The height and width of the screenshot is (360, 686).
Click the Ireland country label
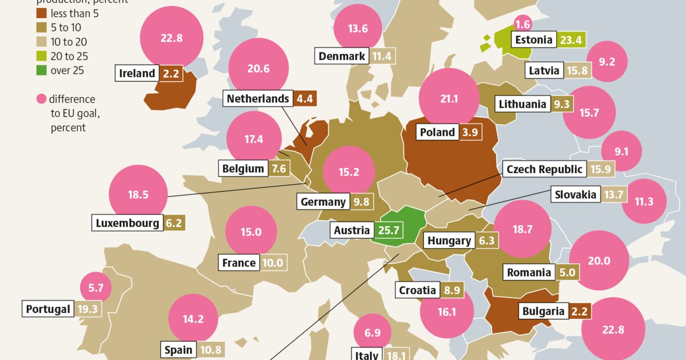[x=137, y=73]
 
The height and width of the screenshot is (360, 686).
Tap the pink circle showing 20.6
[x=258, y=68]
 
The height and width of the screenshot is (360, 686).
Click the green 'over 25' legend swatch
[x=42, y=71]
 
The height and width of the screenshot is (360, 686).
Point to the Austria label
[x=352, y=230]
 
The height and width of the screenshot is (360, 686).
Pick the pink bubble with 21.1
[x=449, y=99]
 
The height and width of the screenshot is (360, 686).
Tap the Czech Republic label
[x=545, y=169]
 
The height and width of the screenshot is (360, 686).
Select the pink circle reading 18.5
[x=138, y=194]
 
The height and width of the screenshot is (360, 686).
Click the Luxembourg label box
[x=127, y=223]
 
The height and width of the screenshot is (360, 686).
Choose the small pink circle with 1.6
[x=523, y=25]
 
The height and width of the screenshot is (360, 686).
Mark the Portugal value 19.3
[x=87, y=309]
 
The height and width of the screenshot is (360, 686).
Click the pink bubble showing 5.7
[x=95, y=289]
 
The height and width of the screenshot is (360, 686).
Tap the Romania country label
[x=529, y=273]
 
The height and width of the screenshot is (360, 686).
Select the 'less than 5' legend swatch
[x=42, y=13]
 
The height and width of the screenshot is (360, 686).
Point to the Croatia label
[x=417, y=290]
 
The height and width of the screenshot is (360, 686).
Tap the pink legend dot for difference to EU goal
[x=42, y=99]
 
